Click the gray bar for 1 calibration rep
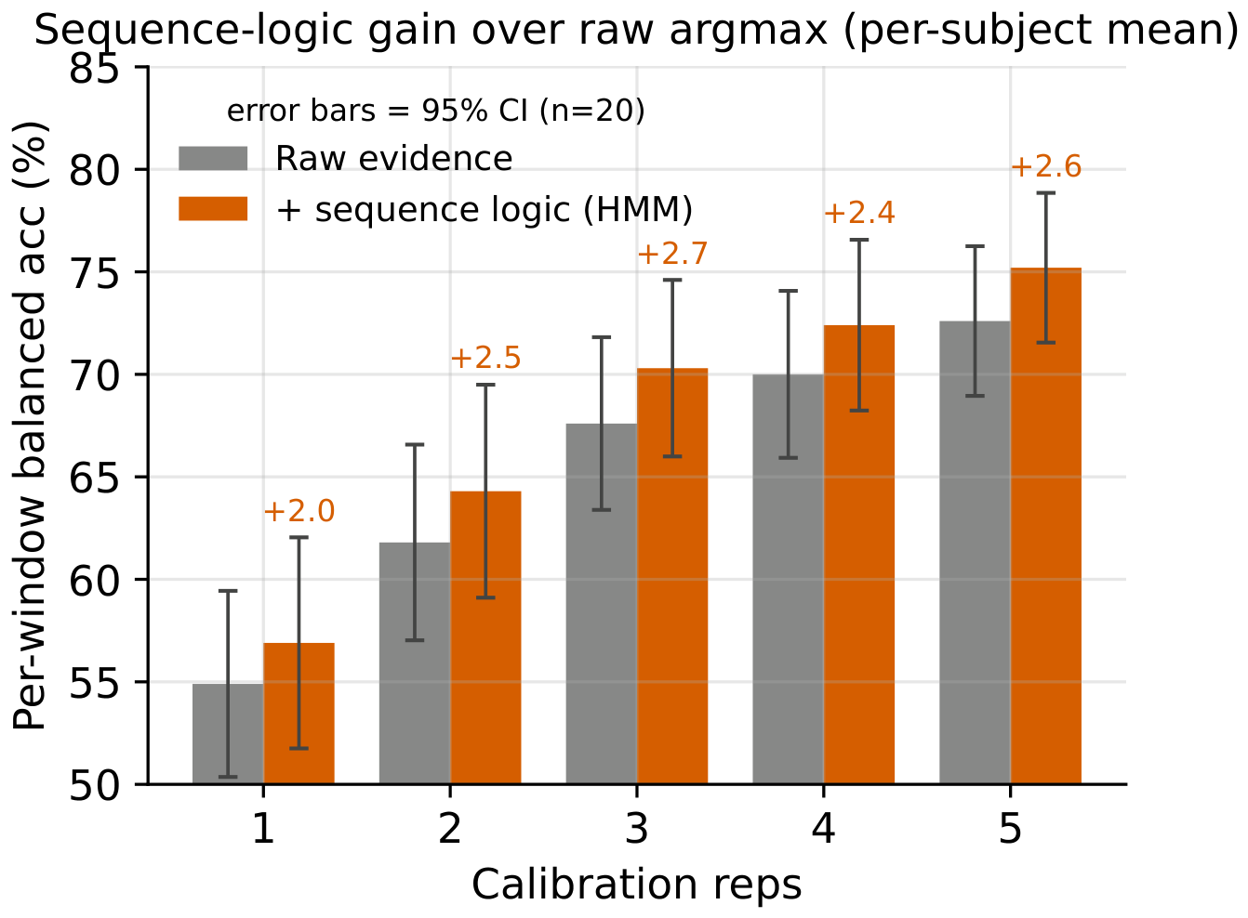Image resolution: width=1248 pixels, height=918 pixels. [x=228, y=734]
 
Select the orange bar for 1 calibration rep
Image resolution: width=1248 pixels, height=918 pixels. [x=299, y=714]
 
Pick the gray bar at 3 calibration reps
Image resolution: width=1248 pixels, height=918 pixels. [x=601, y=604]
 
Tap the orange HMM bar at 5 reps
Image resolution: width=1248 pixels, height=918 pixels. [x=1046, y=526]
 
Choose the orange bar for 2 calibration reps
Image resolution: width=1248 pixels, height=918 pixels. [x=485, y=637]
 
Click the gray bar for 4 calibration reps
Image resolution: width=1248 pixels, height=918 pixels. [x=788, y=579]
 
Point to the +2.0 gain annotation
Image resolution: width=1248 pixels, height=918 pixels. [x=299, y=511]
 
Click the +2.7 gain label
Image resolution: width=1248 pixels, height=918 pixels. [x=672, y=254]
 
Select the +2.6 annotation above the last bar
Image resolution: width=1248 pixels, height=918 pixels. [x=1046, y=166]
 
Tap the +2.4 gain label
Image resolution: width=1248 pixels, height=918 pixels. [x=859, y=213]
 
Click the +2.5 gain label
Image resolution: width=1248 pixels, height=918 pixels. [x=485, y=358]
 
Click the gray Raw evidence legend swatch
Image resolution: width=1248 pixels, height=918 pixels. [x=213, y=158]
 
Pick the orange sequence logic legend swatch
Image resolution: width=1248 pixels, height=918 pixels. [x=213, y=208]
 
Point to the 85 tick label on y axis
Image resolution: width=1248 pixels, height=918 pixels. [x=94, y=69]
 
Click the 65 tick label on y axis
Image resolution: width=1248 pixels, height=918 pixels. [x=94, y=479]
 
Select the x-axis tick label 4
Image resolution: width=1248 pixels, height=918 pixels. [x=823, y=829]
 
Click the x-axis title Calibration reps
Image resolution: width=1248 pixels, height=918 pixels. [x=636, y=885]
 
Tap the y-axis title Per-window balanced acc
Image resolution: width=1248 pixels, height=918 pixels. [x=30, y=426]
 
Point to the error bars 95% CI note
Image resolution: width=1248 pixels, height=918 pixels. [x=436, y=111]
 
